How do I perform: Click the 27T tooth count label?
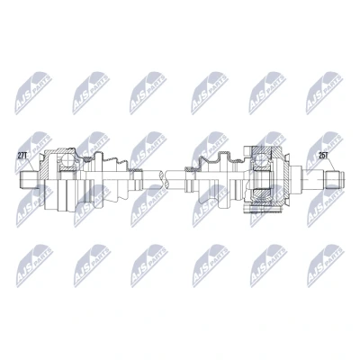click(22, 156)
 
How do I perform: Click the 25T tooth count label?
click(323, 156)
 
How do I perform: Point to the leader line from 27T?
click(32, 165)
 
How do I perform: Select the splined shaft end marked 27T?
click(29, 180)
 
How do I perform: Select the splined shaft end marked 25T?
click(335, 180)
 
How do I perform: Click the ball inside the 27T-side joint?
click(67, 161)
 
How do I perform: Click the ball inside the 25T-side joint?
click(262, 160)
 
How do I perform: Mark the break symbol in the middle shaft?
click(164, 180)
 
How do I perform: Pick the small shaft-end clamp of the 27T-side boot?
click(138, 170)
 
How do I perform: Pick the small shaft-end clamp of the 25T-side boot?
click(189, 170)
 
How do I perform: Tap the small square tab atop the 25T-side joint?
click(247, 149)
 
